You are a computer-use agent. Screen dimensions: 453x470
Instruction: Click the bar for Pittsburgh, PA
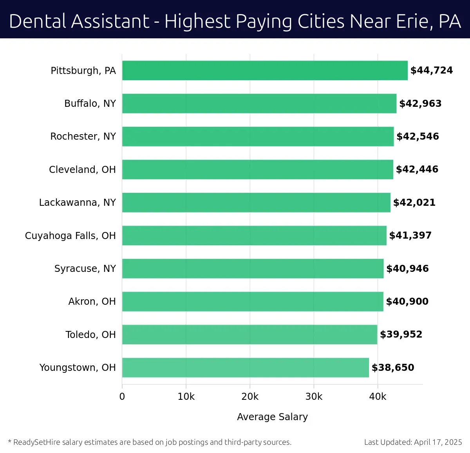point(265,70)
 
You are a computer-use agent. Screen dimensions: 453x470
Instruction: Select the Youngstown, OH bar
point(245,368)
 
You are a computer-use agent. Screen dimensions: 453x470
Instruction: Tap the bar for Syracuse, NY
point(253,269)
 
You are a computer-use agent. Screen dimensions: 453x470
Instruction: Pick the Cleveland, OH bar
point(257,169)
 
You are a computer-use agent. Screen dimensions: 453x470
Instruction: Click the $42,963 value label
point(420,104)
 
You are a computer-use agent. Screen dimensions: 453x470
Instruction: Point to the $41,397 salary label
point(410,235)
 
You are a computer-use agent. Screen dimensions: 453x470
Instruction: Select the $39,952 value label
point(401,334)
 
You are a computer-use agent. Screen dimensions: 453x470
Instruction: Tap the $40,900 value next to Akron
point(407,302)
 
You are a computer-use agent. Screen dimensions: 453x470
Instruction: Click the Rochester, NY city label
point(83,137)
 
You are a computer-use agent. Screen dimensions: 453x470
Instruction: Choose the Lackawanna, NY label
point(78,203)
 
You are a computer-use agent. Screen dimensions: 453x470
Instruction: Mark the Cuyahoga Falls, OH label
point(70,236)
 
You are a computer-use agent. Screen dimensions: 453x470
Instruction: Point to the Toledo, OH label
point(90,335)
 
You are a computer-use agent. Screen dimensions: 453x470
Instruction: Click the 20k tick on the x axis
point(250,397)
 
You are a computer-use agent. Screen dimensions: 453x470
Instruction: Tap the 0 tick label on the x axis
point(122,397)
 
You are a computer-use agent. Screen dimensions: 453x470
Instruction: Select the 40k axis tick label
point(378,397)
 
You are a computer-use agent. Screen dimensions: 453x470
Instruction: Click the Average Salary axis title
point(272,417)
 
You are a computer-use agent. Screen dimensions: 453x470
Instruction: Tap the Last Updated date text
point(413,442)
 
